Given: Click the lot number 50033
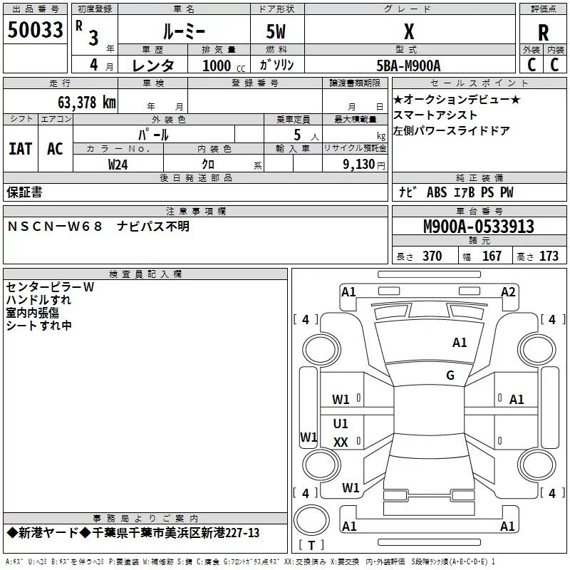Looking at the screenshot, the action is tap(35, 30).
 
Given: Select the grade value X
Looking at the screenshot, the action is tap(409, 31).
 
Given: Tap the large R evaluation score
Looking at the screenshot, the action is tap(543, 33).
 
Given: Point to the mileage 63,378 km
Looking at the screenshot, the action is tap(86, 103).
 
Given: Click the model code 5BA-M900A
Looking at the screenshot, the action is tap(408, 66).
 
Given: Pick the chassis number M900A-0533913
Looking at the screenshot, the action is tap(479, 227).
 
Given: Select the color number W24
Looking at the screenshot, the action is tap(118, 165).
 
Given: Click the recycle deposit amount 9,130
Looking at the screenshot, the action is tap(359, 165).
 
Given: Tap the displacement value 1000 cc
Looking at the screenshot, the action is tap(224, 66).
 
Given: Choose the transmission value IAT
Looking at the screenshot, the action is tap(21, 149).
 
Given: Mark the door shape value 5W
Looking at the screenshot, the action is tap(276, 31).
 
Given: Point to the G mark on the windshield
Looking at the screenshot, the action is tap(450, 375).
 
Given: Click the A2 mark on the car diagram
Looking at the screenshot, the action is tap(508, 292).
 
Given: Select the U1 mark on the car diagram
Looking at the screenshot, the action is tap(341, 423).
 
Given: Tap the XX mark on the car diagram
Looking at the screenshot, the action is tap(341, 442).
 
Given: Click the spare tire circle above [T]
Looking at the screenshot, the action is tap(311, 520).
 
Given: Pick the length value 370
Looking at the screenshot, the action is tap(432, 256).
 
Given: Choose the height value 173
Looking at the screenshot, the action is tap(549, 256).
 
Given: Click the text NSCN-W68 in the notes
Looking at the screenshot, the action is tap(55, 227).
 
